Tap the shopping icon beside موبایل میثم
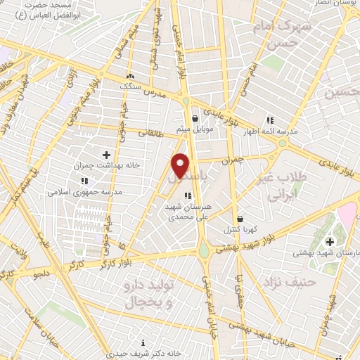195,118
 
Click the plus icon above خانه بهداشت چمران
106,155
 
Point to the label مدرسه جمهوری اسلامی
84,191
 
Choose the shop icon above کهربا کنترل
240,219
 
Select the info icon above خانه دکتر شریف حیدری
143,342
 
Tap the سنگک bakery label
129,86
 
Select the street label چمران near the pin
231,161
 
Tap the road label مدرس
154,92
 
